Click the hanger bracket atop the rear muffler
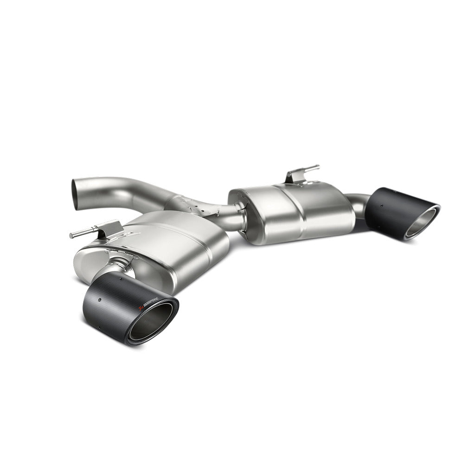pyautogui.click(x=295, y=176)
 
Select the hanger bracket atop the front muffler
pyautogui.click(x=111, y=228)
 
